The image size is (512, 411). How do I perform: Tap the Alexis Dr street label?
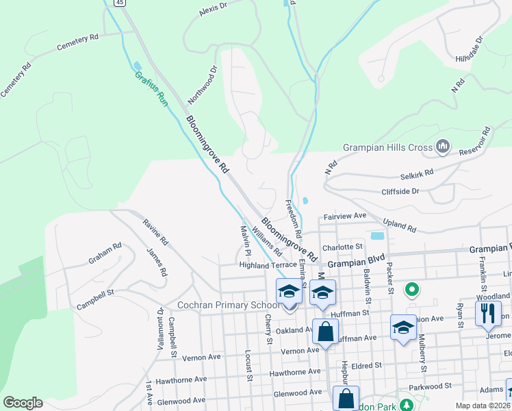tap(212, 9)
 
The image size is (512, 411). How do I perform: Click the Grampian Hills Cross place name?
tap(387, 147)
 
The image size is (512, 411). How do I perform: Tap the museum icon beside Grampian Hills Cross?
tap(443, 146)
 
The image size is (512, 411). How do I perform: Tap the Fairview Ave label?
tap(346, 216)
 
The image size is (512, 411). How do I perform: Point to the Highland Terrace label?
tap(268, 264)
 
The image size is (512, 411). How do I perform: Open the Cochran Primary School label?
tap(216, 305)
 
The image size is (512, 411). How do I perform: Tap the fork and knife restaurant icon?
tap(487, 313)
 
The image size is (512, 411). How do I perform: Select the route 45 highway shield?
tap(120, 3)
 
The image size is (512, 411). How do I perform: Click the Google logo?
tap(23, 403)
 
